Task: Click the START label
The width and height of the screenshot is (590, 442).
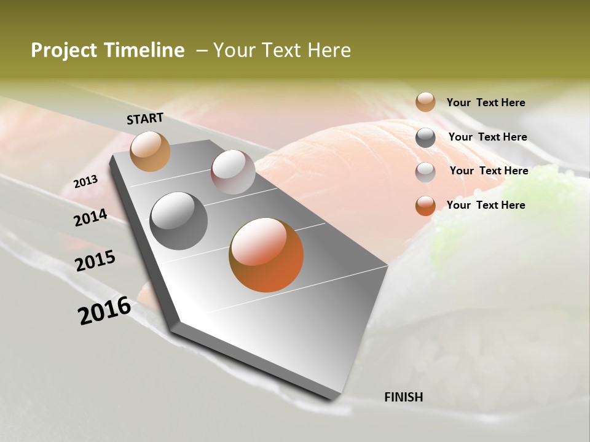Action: pos(145,118)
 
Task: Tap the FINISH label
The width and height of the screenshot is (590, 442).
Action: pos(403,397)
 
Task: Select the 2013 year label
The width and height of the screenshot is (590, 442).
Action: pos(85,182)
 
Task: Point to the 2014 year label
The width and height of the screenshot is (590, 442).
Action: pos(90,218)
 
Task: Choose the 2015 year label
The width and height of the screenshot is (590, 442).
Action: pos(95,261)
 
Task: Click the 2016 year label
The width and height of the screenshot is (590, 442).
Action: pos(104,310)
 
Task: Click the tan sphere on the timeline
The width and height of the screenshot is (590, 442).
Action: pos(150,151)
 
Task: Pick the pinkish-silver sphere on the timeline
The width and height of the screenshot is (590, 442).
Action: pos(233,172)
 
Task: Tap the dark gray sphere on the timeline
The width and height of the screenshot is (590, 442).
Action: pos(179,221)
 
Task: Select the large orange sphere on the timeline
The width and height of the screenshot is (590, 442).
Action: pos(266,255)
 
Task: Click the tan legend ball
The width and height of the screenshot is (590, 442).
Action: pos(425,102)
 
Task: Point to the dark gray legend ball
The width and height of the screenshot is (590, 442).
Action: pos(425,138)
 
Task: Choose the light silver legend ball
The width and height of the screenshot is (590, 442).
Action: pos(425,172)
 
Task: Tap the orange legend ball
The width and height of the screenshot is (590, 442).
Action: pos(425,206)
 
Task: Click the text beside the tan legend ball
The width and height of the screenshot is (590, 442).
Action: pos(486,103)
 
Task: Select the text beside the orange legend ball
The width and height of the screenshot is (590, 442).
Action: pos(486,205)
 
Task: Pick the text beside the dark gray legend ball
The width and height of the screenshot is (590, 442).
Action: pos(487,137)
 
